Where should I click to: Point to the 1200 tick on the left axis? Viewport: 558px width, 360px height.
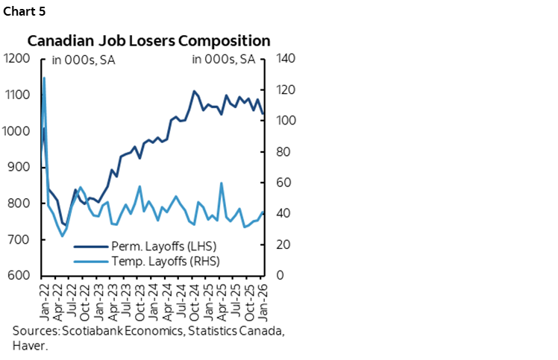coord(16,59)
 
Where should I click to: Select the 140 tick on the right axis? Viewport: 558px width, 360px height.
coord(287,59)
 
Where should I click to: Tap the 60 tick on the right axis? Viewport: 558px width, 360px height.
coord(284,183)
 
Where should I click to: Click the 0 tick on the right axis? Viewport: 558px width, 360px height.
coord(281,276)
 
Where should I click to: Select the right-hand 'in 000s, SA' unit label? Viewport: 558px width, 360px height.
coord(223,60)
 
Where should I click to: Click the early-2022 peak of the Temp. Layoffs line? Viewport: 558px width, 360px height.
coord(45,78)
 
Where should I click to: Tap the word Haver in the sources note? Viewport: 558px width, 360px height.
coord(28,346)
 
